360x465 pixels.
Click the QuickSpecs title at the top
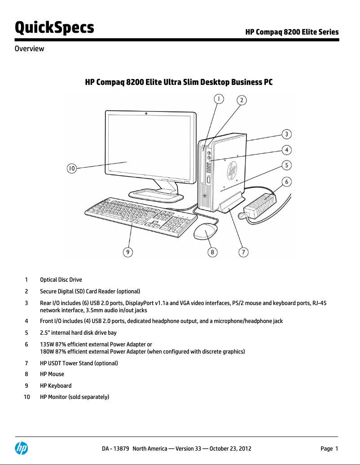coord(55,27)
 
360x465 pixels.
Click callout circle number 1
coord(218,99)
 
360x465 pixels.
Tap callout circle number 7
coord(243,252)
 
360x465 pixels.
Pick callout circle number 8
coord(212,252)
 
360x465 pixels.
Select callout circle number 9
coord(128,252)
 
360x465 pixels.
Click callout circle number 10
coord(71,168)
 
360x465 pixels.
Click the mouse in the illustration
coord(205,232)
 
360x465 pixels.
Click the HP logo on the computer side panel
coord(233,170)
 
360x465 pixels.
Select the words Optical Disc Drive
coord(61,279)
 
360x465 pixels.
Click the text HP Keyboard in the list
coord(56,385)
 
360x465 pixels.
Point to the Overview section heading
coord(30,49)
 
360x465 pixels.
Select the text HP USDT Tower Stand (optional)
coord(79,363)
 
